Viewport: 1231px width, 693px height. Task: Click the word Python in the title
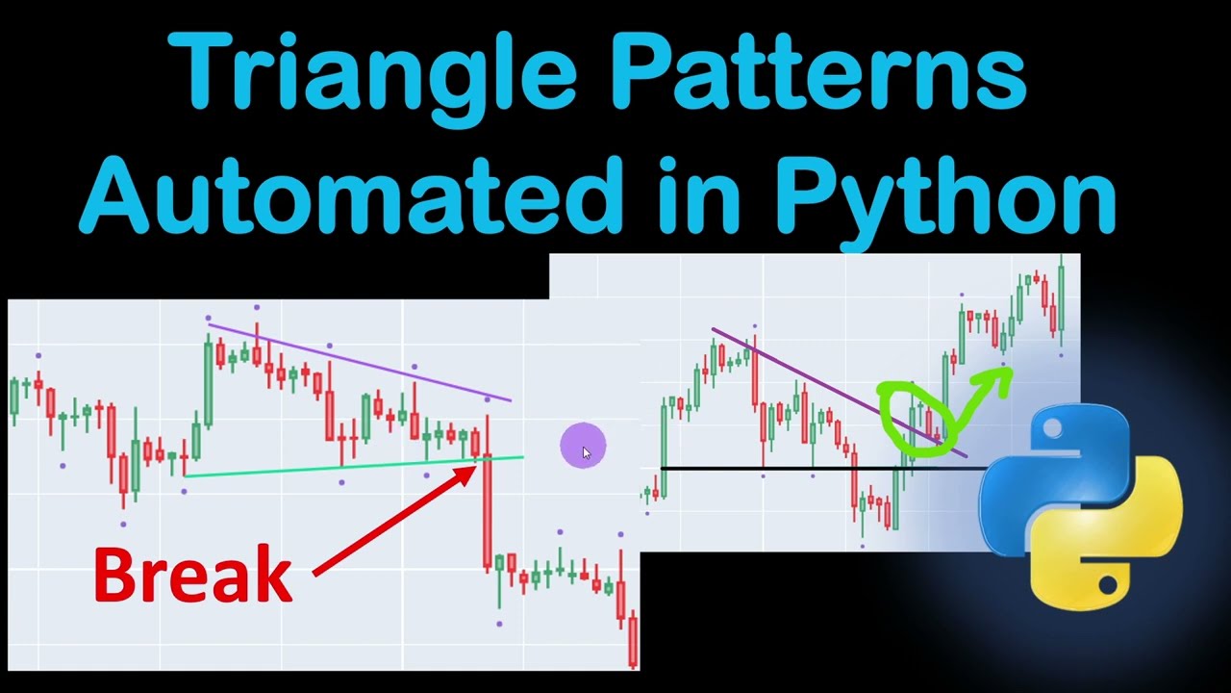click(946, 197)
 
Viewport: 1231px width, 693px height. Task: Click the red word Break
click(192, 575)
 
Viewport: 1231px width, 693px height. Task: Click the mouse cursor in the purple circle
click(586, 450)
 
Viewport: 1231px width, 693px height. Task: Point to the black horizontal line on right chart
click(769, 469)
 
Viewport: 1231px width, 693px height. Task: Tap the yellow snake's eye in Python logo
click(1108, 583)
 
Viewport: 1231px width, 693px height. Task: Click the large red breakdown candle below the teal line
click(488, 510)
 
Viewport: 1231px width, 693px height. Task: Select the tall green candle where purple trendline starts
click(208, 380)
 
